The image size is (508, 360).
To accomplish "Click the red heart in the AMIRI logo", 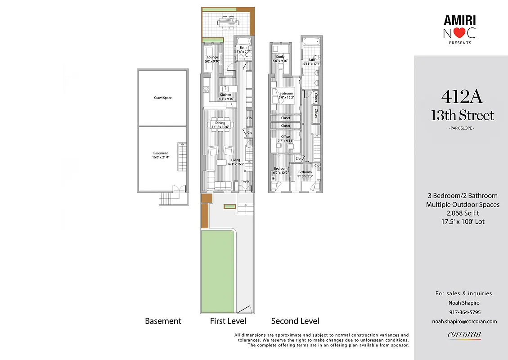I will coord(459,33).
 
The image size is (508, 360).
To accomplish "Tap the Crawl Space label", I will coord(163,98).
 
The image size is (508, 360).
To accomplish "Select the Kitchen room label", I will coord(225,95).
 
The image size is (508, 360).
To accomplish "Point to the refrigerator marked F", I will coord(231,104).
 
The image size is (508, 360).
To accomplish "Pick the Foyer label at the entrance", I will coord(245,181).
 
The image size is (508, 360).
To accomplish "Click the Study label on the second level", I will coord(280,57).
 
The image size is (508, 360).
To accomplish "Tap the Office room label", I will coord(285,137).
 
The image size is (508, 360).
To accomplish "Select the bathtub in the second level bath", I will coord(312,42).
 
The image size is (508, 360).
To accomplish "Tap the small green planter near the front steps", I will coord(230,206).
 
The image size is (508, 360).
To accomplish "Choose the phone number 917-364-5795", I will coord(464,312).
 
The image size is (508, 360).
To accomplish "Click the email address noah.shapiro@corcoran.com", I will coord(464,321).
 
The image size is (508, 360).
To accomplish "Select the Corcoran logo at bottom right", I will coord(464,334).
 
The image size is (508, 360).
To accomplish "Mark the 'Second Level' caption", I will coord(295,321).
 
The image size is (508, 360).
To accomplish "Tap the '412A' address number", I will coord(463,96).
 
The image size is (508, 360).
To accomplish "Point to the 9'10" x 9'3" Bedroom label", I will coord(305,174).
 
